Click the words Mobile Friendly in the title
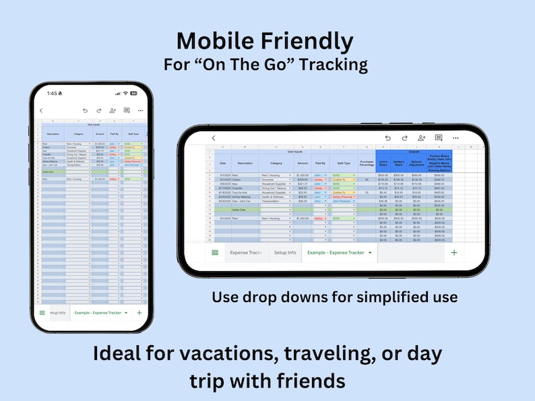264,41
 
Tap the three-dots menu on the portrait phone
140,110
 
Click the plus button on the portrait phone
139,313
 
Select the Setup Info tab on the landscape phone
285,252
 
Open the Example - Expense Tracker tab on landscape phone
336,252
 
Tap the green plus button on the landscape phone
454,252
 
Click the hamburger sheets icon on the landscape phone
215,252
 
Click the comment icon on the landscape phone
439,138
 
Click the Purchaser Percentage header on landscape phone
367,162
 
